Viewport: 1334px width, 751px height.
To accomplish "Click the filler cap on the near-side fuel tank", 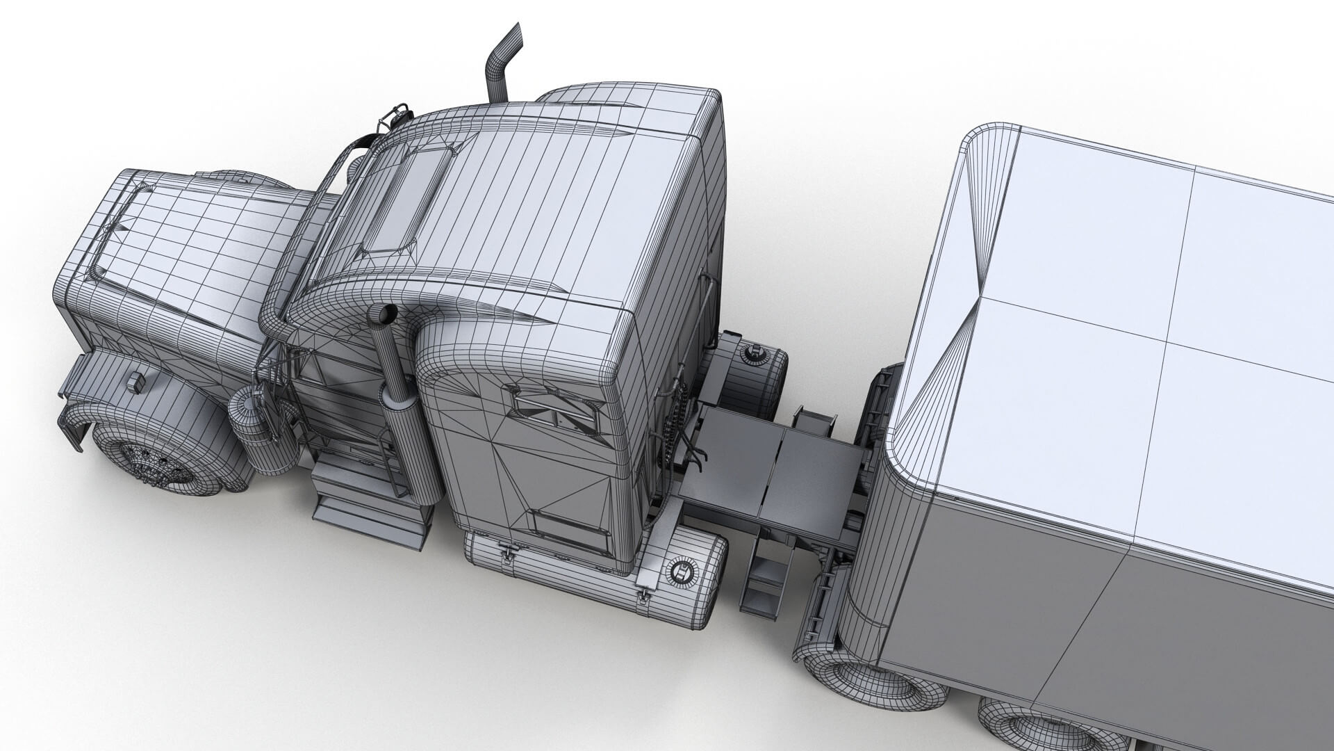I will [680, 572].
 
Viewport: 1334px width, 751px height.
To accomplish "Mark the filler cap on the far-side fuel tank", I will [752, 354].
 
